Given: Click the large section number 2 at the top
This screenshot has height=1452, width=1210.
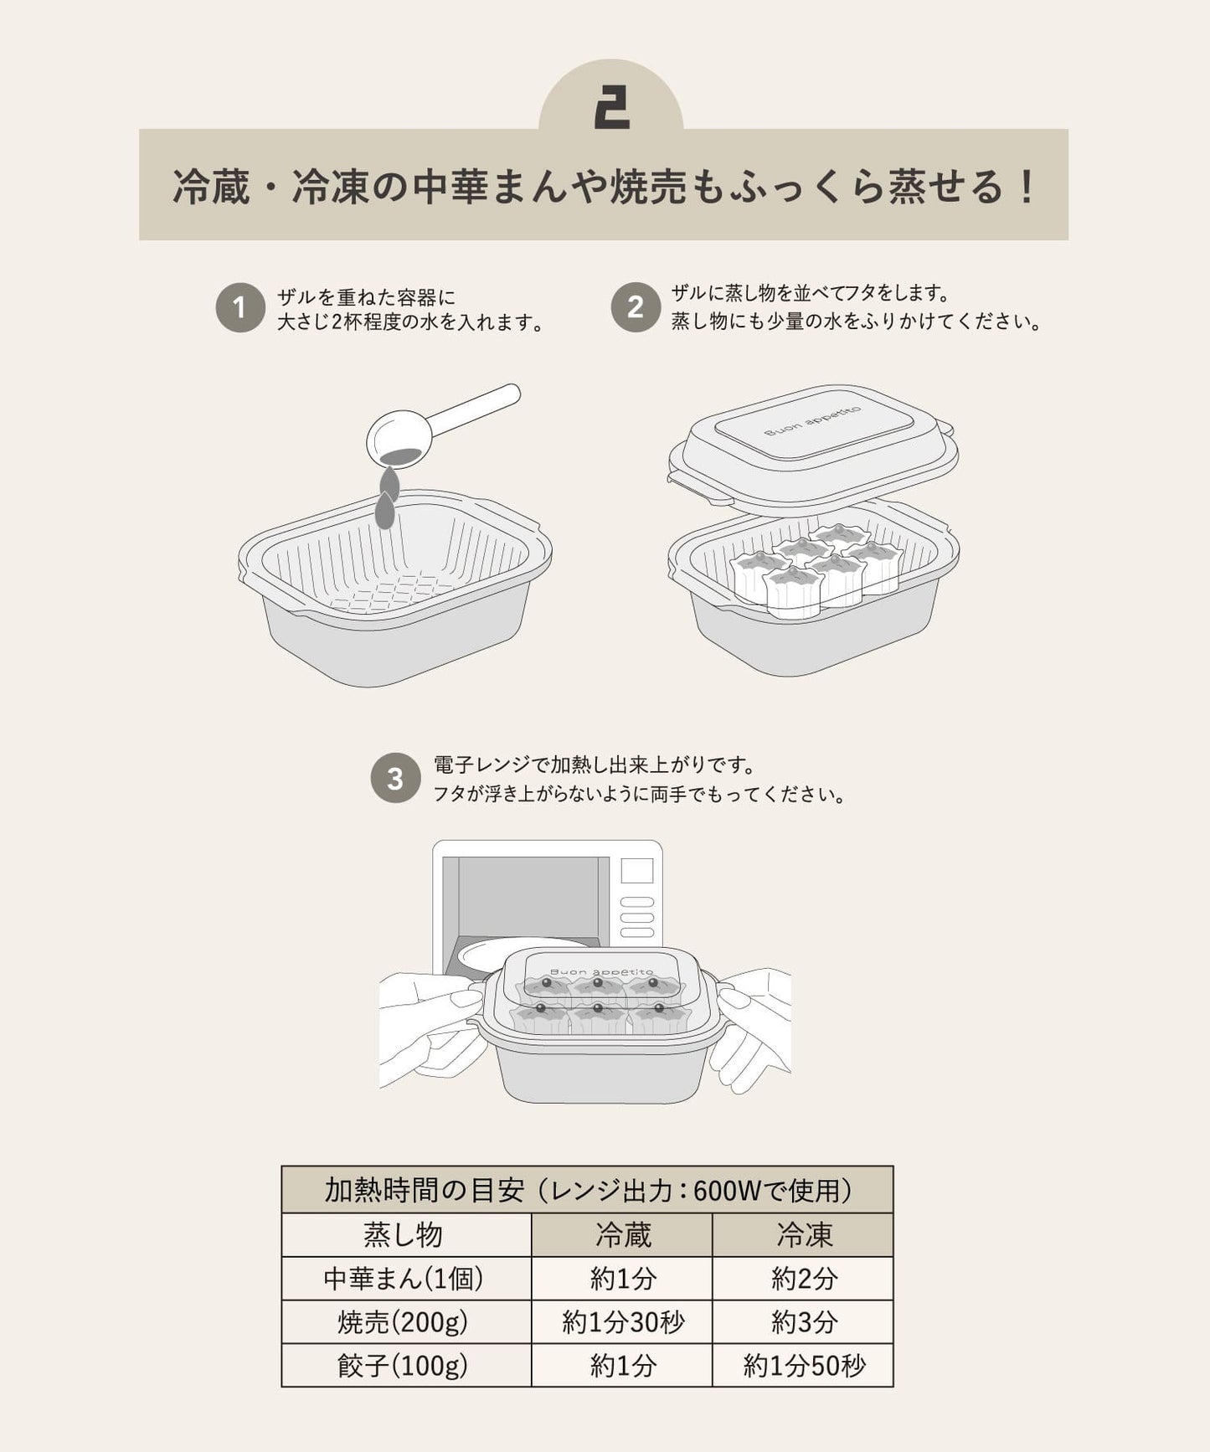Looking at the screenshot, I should coord(611,108).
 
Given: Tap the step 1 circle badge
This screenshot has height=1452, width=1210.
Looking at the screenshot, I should coord(240,308).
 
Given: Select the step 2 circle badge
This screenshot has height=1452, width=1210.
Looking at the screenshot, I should coord(636,307).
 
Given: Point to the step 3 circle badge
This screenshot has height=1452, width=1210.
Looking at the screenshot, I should coord(395,779).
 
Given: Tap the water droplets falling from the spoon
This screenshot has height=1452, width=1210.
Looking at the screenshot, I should coord(386,499).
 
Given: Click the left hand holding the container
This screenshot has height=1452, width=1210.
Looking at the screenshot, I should coord(427,1026).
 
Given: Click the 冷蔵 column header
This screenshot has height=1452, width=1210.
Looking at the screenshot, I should coord(622,1235).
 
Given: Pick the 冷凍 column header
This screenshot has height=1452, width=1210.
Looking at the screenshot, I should coord(803,1235).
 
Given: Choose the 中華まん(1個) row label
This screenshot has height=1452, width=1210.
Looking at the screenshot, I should coord(405,1279).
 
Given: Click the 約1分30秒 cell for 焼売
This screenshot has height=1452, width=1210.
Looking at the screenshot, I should coord(622,1322).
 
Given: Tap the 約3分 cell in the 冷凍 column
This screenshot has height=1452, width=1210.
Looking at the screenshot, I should coord(803,1322).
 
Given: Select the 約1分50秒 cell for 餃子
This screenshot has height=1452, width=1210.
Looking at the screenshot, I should coord(803,1366).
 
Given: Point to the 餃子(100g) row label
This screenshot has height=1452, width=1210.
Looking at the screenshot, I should coord(405,1366).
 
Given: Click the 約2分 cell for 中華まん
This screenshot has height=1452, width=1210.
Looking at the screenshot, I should coord(803,1279).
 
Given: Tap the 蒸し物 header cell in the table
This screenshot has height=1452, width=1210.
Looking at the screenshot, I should coord(405,1235).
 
